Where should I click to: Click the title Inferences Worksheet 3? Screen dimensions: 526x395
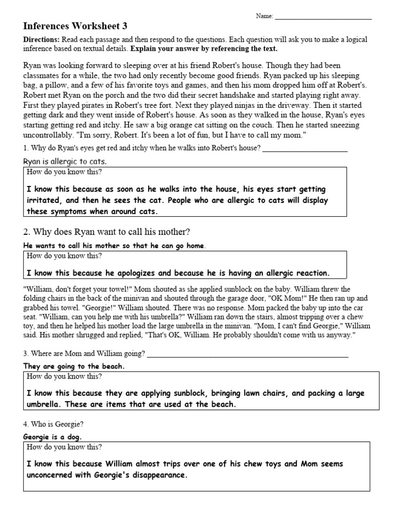pyautogui.click(x=75, y=26)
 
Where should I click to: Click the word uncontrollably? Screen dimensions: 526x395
pyautogui.click(x=48, y=134)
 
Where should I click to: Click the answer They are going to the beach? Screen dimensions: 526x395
pyautogui.click(x=74, y=366)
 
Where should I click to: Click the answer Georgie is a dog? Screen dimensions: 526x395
pyautogui.click(x=52, y=437)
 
